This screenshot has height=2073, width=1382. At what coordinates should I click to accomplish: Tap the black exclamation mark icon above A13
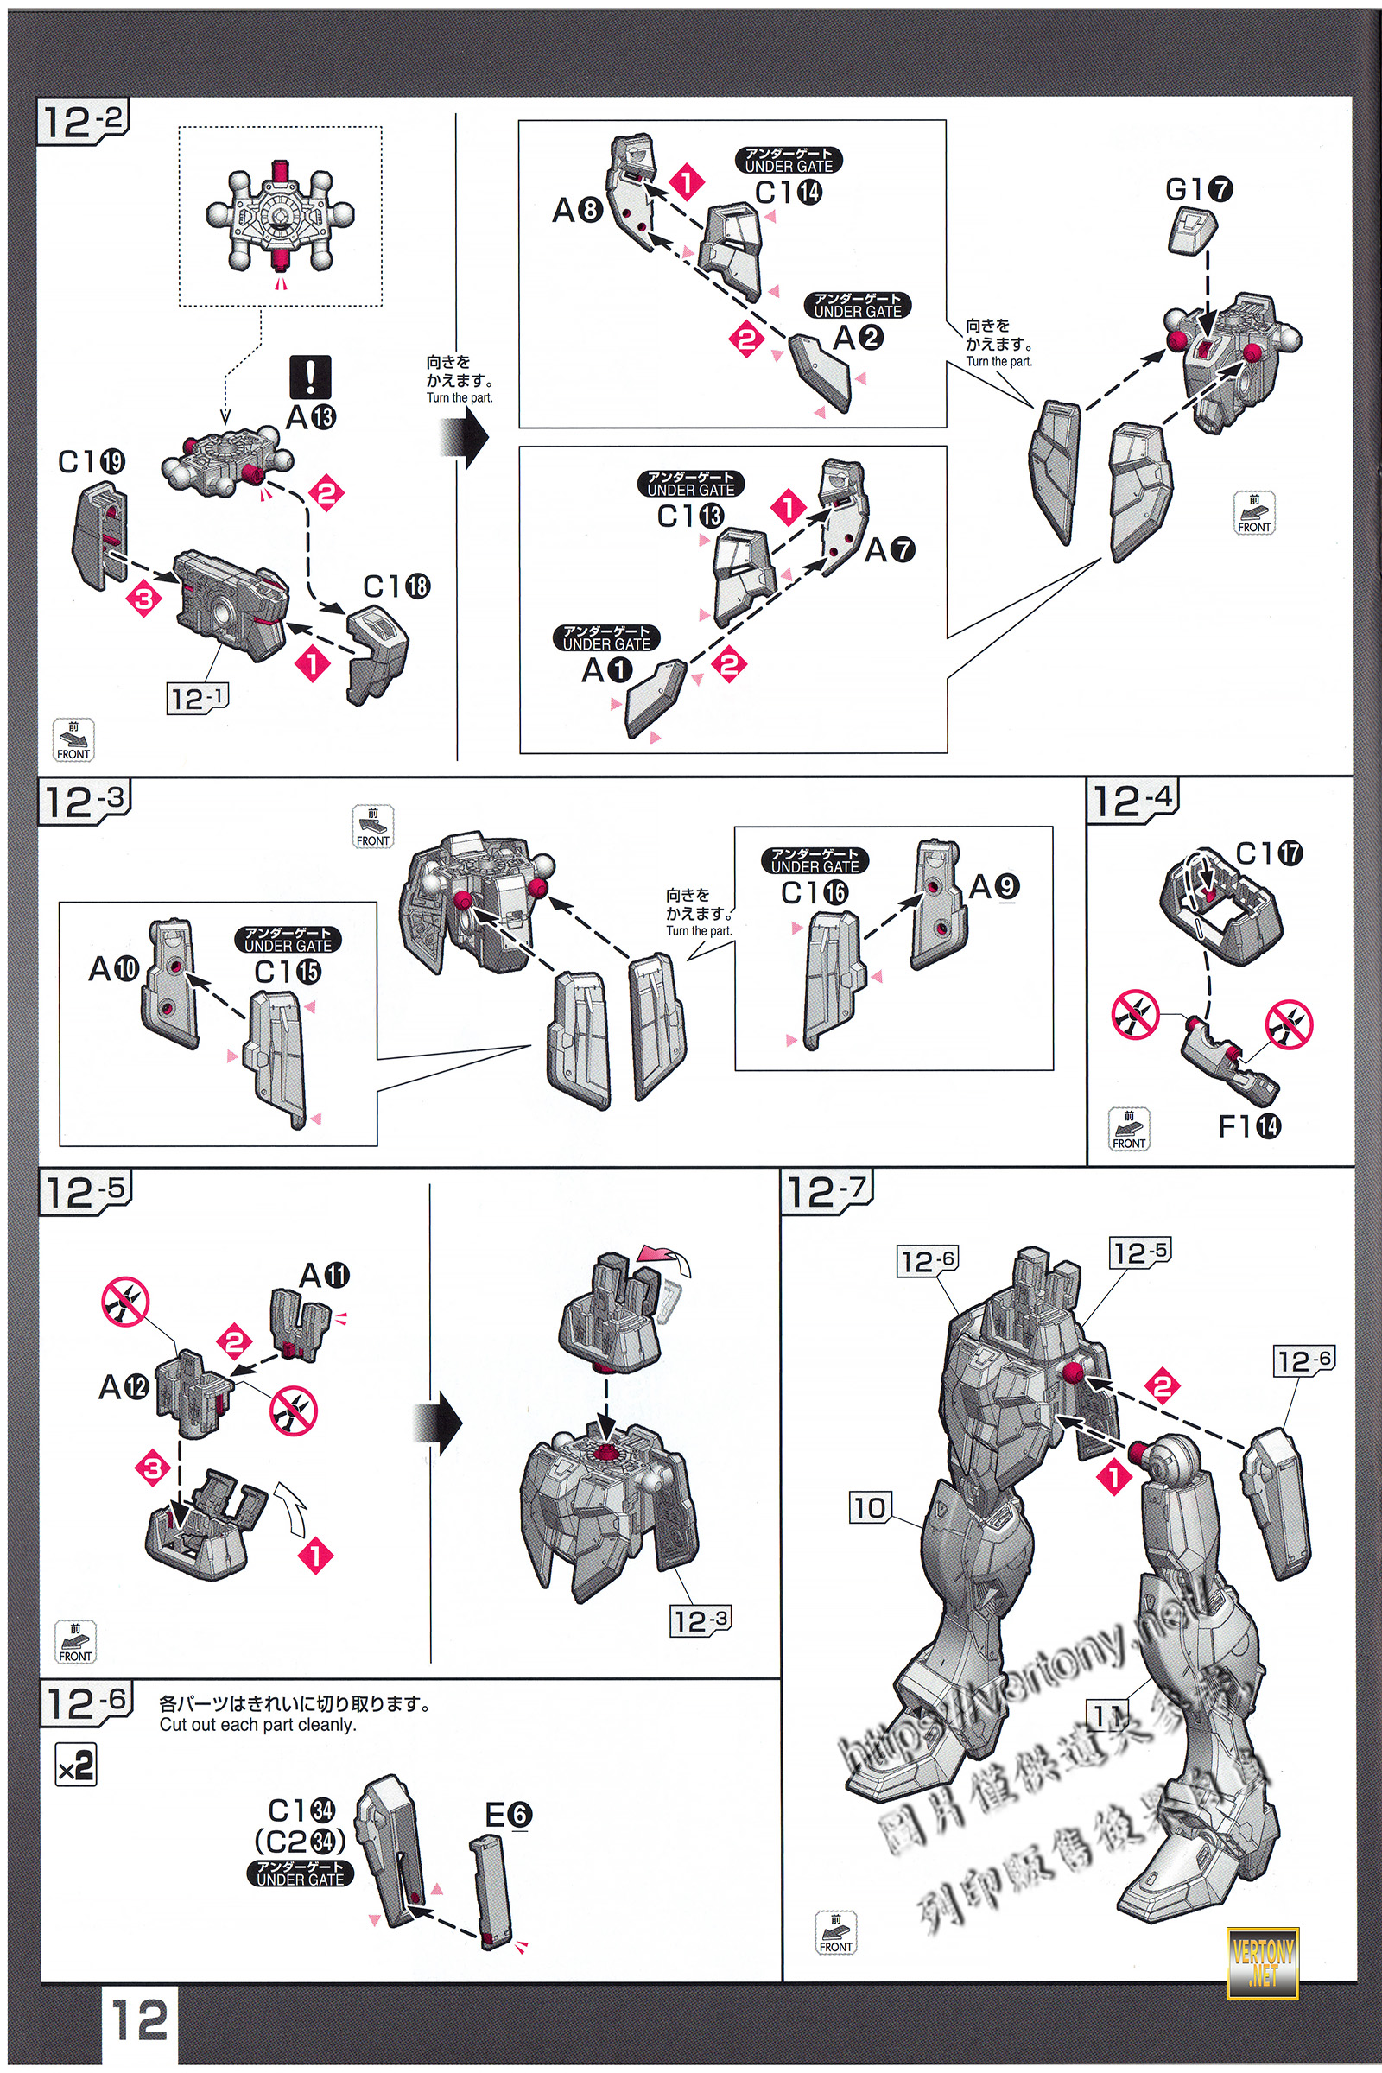[x=310, y=377]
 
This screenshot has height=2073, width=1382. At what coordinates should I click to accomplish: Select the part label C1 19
[x=91, y=461]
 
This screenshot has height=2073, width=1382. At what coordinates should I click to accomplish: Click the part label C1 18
[x=396, y=586]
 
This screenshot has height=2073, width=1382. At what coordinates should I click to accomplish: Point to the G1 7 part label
[x=1199, y=189]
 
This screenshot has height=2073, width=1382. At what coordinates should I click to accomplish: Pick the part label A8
[x=577, y=211]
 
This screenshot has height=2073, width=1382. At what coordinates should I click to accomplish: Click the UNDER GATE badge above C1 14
[x=789, y=160]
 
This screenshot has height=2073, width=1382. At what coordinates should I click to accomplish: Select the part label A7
[x=891, y=550]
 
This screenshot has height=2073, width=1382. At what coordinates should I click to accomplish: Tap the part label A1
[x=606, y=671]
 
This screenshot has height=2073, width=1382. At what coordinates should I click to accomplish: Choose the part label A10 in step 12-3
[x=114, y=968]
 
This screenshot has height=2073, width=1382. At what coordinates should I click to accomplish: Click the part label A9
[x=994, y=887]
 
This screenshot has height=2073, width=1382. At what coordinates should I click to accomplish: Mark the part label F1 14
[x=1249, y=1126]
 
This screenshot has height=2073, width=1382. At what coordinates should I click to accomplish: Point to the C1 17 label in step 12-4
[x=1269, y=853]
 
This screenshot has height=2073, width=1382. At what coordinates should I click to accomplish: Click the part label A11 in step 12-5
[x=325, y=1276]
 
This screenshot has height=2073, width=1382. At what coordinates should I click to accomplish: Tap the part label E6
[x=509, y=1815]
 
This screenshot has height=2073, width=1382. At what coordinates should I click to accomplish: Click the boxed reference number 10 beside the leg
[x=870, y=1507]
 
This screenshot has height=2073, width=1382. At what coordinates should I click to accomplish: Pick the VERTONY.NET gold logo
[x=1262, y=1962]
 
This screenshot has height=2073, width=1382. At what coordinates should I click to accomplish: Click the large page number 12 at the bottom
[x=139, y=2020]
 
